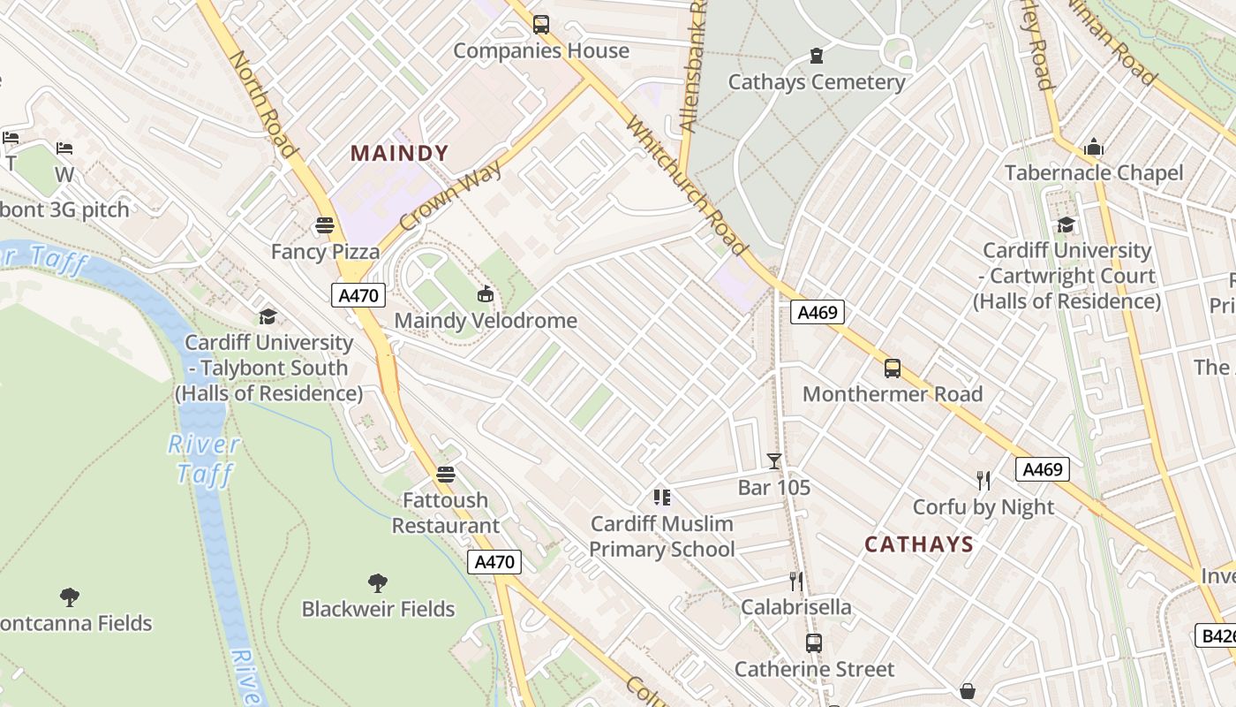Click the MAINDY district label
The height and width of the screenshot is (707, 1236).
(x=400, y=153)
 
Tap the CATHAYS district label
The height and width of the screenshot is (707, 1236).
(x=918, y=544)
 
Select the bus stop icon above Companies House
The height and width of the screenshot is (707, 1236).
(x=541, y=25)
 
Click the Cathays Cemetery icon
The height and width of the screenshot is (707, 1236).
(x=817, y=57)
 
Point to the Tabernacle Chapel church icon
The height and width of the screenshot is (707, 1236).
(x=1094, y=147)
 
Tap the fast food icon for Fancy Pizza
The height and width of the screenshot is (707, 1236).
(x=325, y=225)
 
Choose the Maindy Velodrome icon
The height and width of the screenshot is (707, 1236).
(x=485, y=294)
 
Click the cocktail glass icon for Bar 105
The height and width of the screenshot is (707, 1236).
(x=774, y=460)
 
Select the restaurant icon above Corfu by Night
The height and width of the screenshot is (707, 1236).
(x=984, y=481)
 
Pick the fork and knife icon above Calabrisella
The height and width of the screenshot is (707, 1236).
(x=796, y=581)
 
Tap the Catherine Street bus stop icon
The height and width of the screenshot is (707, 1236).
(x=814, y=643)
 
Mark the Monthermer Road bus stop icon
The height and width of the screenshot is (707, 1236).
(x=893, y=368)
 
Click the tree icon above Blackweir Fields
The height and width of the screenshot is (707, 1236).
(x=378, y=583)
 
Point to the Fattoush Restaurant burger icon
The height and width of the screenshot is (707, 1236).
(x=446, y=475)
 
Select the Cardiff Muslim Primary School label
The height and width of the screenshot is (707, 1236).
(x=661, y=536)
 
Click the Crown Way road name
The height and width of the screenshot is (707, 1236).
(x=450, y=196)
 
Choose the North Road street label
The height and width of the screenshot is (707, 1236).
(x=262, y=103)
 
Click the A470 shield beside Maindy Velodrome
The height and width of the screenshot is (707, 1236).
(x=358, y=295)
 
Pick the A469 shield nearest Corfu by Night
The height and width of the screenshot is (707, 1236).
(x=1042, y=469)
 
